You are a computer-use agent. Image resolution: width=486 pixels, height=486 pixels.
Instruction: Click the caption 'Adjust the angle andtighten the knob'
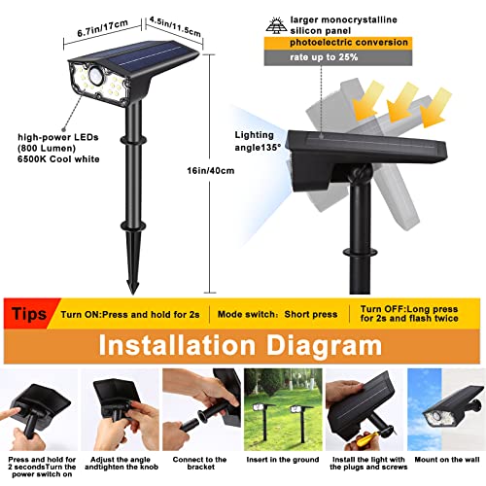[120, 461]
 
